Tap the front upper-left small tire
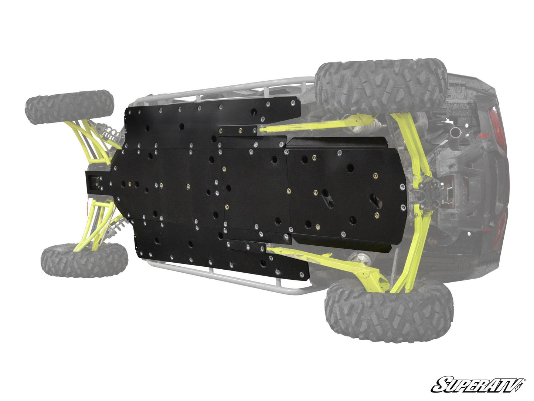coord(69,107)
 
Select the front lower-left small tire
coord(84,260)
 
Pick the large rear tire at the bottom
coord(389,310)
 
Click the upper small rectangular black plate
coord(238,131)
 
